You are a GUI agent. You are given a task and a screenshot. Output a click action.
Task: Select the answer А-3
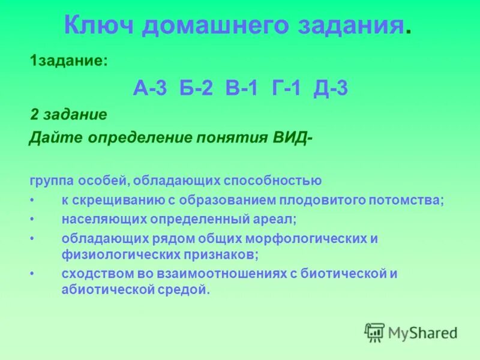[x=150, y=89]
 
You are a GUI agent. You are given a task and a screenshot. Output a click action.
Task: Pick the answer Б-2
[x=196, y=89]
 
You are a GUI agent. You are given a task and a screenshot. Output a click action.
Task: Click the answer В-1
[x=242, y=89]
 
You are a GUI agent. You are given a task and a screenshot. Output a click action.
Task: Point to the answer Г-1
[x=286, y=89]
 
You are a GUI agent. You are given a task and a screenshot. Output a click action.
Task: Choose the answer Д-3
[x=331, y=89]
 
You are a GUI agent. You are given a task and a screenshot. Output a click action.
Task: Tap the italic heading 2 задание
[x=69, y=115]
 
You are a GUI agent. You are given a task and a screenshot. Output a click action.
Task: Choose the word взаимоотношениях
[x=222, y=274]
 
